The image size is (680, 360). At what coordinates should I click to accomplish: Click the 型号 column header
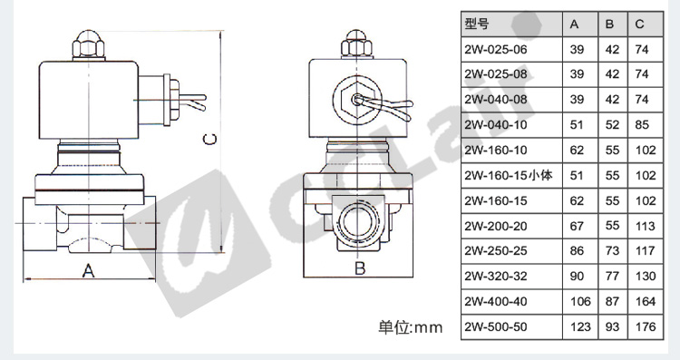(x=477, y=24)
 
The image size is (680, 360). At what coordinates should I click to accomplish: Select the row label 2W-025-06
(x=496, y=50)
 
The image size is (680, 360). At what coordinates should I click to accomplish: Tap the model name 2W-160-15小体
(x=509, y=176)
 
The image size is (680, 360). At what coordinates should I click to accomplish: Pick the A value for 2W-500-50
(x=580, y=326)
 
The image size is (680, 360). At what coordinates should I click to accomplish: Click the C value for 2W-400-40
(x=646, y=301)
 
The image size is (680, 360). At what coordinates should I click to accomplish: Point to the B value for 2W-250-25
(x=612, y=251)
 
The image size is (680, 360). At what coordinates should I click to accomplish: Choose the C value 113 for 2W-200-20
(x=646, y=226)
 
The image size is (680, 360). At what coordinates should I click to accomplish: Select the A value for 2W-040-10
(x=577, y=125)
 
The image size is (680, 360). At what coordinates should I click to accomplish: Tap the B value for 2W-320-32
(x=612, y=277)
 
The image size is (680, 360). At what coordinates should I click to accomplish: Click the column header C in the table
(x=640, y=24)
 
